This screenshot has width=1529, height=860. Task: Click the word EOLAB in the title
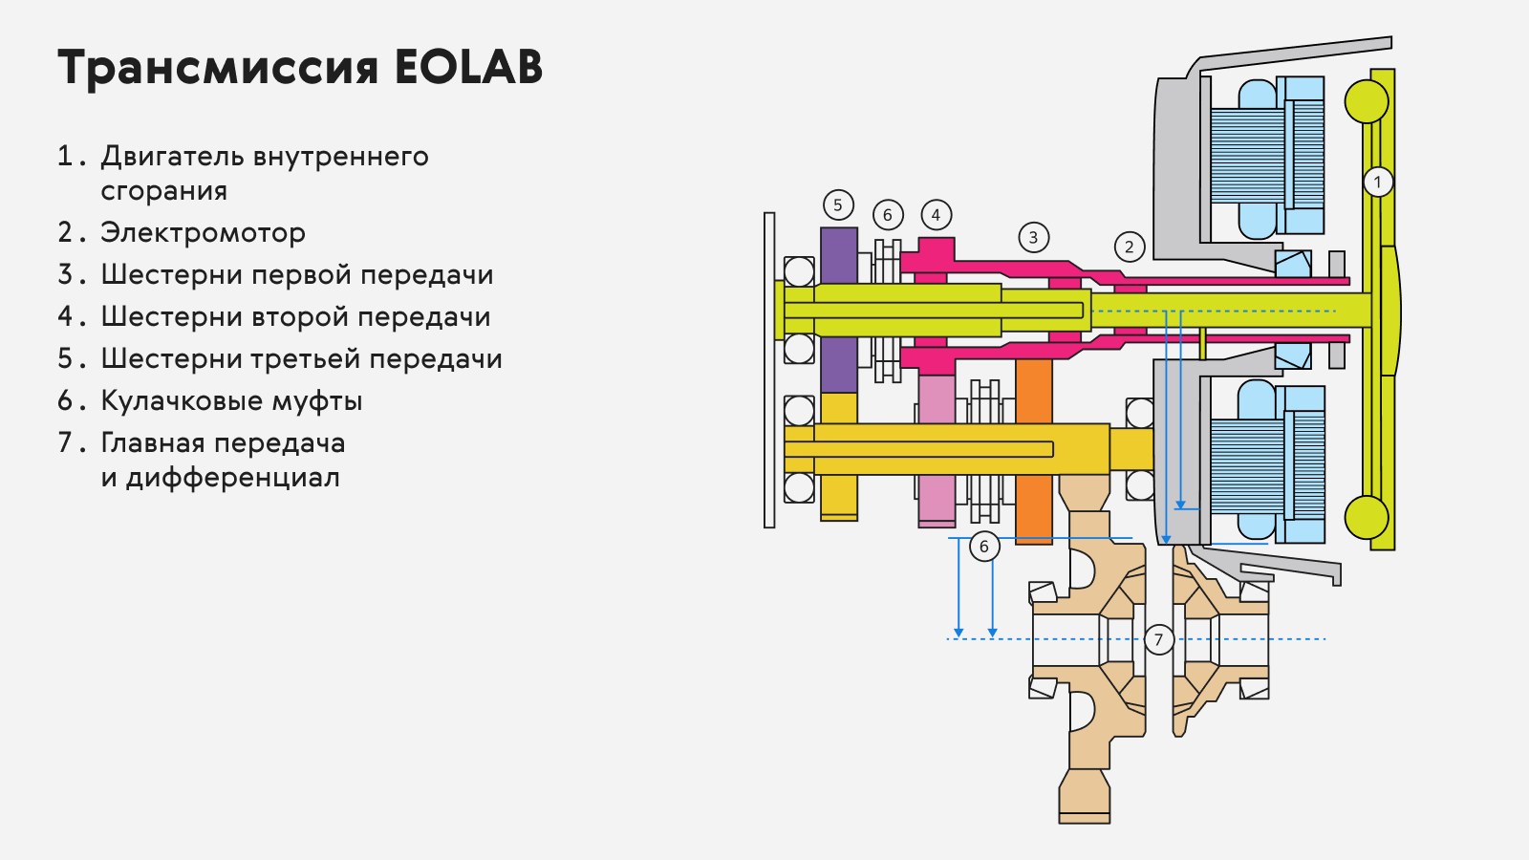[468, 67]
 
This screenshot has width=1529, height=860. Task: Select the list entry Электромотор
[203, 233]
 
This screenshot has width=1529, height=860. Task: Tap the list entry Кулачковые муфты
[231, 400]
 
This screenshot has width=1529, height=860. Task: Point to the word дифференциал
[232, 477]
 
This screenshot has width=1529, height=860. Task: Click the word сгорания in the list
[163, 191]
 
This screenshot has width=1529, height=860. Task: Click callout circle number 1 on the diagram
[1377, 183]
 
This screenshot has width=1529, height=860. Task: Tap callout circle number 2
[1129, 247]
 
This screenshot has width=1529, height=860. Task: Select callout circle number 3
[1033, 238]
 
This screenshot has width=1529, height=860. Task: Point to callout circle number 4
[936, 216]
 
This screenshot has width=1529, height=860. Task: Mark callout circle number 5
[838, 204]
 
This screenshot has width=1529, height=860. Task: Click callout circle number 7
[1158, 640]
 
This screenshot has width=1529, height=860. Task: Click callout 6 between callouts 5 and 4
[888, 215]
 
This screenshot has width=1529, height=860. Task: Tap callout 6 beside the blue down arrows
[984, 546]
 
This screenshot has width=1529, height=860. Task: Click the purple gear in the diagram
[838, 310]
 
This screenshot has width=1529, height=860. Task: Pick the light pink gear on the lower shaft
[937, 450]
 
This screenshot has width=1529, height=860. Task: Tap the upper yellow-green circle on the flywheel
[1367, 101]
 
